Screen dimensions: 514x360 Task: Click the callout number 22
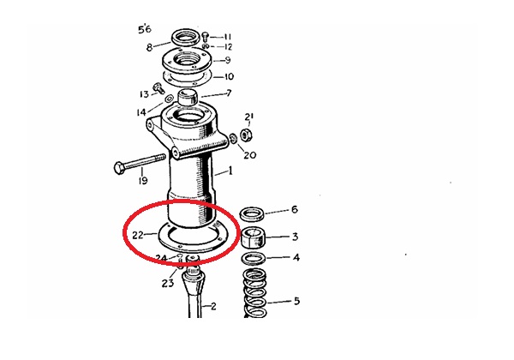[138, 235]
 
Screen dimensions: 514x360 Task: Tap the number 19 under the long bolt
[143, 180]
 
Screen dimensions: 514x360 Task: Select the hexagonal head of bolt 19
[119, 168]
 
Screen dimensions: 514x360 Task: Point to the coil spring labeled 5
[254, 293]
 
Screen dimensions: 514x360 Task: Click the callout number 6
[295, 209]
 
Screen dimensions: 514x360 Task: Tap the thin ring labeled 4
[254, 259]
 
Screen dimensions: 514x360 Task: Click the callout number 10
[229, 77]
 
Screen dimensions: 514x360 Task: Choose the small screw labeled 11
[206, 35]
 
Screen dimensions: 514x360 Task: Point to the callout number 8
[149, 48]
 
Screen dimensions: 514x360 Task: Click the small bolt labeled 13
[158, 88]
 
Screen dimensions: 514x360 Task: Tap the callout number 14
[141, 112]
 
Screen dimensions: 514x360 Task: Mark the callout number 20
[250, 154]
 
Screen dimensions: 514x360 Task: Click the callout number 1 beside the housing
[230, 171]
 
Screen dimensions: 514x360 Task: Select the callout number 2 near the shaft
[213, 307]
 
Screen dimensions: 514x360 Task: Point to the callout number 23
[168, 283]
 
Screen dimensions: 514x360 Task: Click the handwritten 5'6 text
[145, 29]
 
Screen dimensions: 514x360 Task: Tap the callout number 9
[228, 60]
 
